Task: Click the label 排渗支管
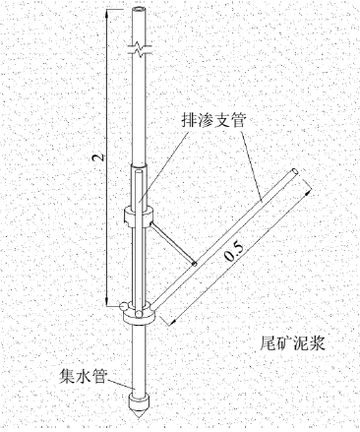point(213,120)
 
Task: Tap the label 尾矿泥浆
point(293,343)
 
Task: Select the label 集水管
point(83,375)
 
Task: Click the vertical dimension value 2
point(98,157)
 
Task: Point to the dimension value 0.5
point(235,252)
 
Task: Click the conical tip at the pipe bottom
point(139,411)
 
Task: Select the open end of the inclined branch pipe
point(294,172)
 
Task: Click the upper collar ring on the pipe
point(139,215)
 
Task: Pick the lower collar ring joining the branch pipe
point(140,315)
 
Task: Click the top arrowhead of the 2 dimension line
point(106,13)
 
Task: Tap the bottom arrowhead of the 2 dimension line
point(106,302)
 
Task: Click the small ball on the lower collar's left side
point(123,306)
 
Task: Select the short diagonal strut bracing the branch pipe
point(173,243)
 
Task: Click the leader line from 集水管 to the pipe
point(119,384)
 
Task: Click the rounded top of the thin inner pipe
point(139,171)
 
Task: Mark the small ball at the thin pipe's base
point(140,313)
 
